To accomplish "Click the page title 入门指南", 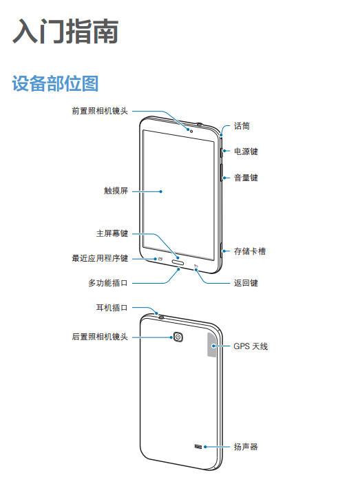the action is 65,31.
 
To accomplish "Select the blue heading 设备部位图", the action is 55,83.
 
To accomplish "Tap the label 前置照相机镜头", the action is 100,111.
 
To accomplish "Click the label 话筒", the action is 242,126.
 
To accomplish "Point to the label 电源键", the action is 246,151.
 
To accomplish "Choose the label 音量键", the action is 246,178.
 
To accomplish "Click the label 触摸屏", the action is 116,191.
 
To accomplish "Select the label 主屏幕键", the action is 112,233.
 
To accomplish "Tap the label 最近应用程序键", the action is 100,258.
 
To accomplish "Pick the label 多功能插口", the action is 108,283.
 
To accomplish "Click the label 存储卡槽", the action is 250,251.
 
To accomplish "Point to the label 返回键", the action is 246,283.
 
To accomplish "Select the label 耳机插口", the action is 112,308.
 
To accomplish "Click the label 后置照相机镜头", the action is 100,337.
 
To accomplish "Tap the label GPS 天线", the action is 251,346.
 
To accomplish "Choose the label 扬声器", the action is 246,446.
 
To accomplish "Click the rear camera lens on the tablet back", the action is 178,337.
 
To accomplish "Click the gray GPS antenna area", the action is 212,344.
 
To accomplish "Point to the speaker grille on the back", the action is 198,446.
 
